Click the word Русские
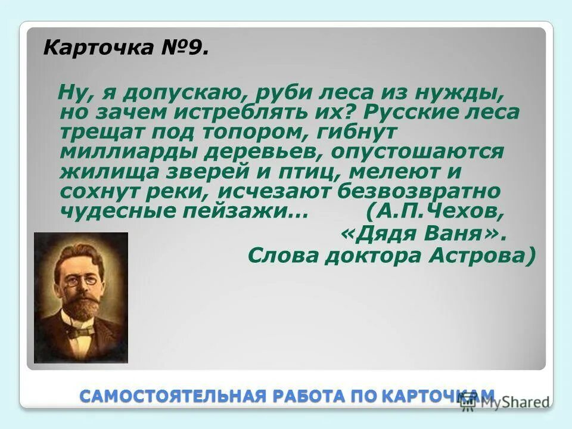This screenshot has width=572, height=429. [388, 113]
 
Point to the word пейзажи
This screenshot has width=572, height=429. [247, 210]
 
